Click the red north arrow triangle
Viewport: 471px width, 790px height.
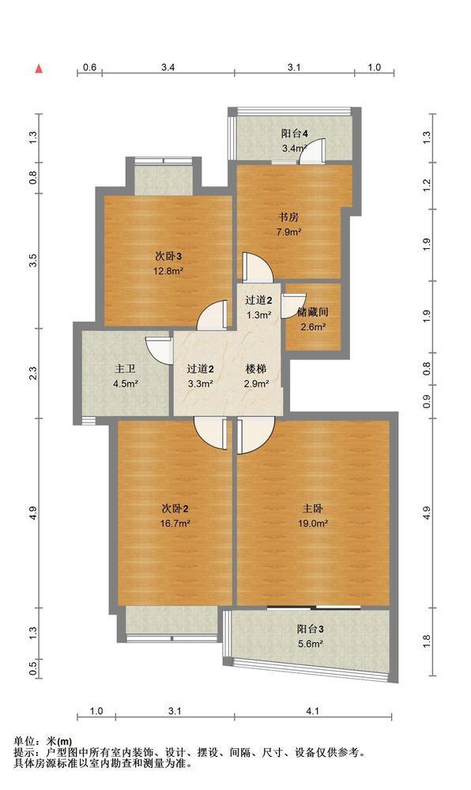click(38, 69)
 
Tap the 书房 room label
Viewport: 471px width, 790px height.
click(288, 218)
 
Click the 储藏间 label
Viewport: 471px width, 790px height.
click(313, 312)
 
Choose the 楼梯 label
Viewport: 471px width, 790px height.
click(256, 369)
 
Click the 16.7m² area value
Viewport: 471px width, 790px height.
click(175, 524)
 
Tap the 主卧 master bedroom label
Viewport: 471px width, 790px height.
click(313, 509)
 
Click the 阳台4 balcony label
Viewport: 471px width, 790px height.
click(295, 134)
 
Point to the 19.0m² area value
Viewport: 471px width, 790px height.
click(313, 524)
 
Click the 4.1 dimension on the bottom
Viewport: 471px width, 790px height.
click(313, 711)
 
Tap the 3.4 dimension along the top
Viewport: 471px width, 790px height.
click(168, 67)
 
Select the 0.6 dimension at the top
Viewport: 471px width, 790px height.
click(89, 67)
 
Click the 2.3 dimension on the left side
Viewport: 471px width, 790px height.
click(33, 374)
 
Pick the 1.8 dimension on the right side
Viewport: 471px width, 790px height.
click(428, 641)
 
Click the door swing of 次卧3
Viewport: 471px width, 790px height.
click(213, 315)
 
